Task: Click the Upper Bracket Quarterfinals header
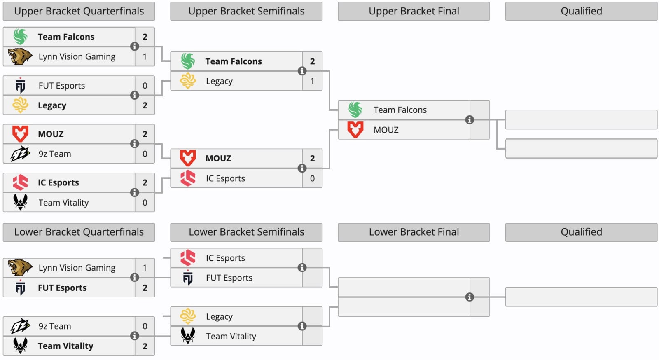pos(79,11)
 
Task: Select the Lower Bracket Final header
pos(414,232)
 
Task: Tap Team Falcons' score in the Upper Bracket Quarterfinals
pos(145,37)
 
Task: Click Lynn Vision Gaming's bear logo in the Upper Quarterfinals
pos(20,56)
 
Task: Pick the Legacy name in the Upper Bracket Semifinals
pos(219,81)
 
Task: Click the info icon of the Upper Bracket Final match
pos(470,120)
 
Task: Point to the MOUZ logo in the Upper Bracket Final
pos(355,129)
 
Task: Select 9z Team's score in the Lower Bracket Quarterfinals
pos(145,326)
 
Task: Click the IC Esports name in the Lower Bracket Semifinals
pos(225,258)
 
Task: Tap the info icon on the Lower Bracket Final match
pos(470,297)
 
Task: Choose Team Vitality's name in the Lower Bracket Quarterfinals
pos(65,346)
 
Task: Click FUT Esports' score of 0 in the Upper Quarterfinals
pos(145,86)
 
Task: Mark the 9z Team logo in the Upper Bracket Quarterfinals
pos(20,154)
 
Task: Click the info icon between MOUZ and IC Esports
pos(302,168)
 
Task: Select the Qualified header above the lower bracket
pos(581,232)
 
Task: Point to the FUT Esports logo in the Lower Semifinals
pos(188,277)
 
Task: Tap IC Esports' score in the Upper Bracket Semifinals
pos(312,178)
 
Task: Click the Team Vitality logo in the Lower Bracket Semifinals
pos(188,336)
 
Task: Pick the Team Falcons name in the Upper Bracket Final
pos(400,110)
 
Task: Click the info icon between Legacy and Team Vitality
pos(302,326)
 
